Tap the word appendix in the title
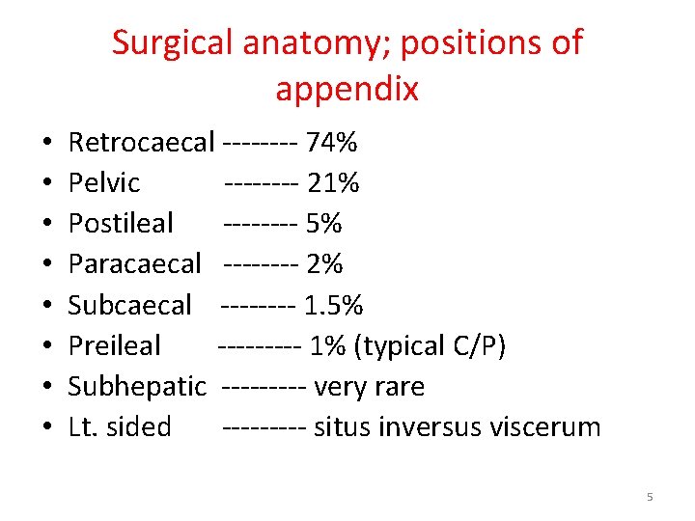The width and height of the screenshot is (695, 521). [347, 90]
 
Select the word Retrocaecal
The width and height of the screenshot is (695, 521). [141, 144]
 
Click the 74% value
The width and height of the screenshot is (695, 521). [331, 144]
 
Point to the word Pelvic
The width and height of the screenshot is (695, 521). [104, 183]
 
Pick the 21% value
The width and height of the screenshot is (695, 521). [333, 183]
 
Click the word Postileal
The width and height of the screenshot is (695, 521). [121, 224]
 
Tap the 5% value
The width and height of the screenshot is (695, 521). [323, 224]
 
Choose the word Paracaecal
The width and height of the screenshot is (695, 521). [135, 264]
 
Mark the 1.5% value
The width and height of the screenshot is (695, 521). [333, 306]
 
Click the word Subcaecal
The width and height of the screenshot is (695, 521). [130, 306]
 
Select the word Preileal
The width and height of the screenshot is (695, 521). [115, 346]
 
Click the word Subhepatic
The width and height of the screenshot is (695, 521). [137, 387]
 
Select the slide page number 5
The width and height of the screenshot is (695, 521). [650, 497]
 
